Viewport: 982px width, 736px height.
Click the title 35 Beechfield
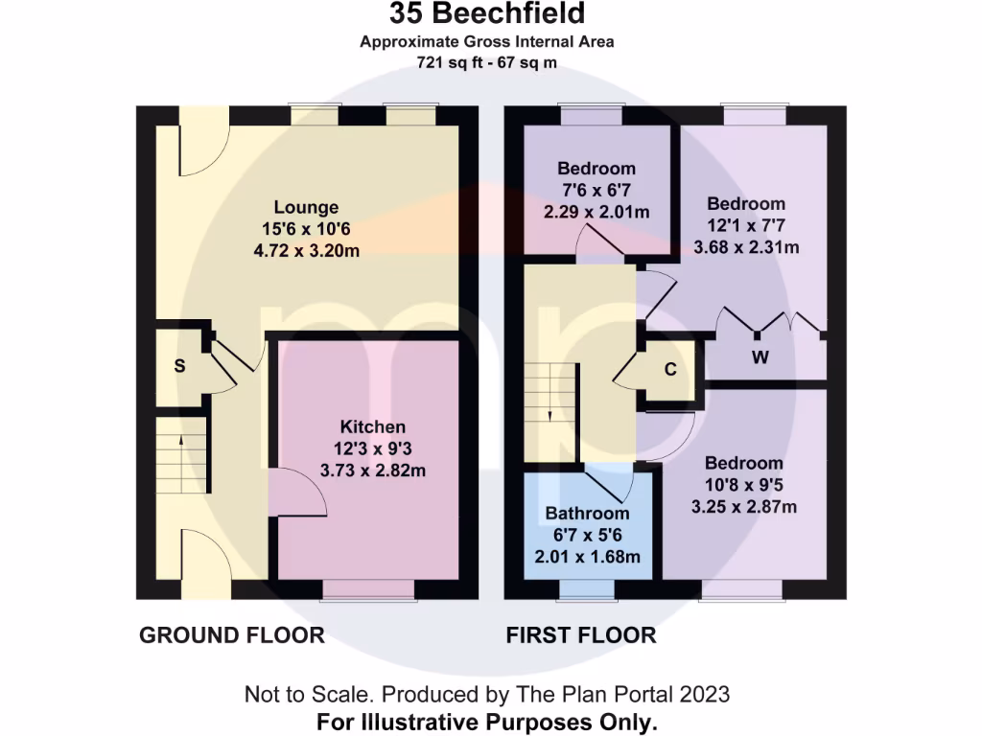(487, 14)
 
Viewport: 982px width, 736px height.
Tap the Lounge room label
(306, 207)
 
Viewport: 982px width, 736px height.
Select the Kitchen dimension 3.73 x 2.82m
(372, 470)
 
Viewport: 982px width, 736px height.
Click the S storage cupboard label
(179, 366)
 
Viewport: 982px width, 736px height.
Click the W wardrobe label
(760, 358)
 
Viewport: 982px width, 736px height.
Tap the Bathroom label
(587, 513)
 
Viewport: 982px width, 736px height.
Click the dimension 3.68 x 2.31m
(746, 246)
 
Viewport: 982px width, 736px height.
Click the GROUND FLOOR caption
(232, 634)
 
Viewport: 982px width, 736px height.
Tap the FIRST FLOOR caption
(581, 634)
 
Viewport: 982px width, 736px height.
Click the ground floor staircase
(181, 455)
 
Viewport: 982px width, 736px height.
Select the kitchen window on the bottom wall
(369, 590)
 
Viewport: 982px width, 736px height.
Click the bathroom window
(587, 590)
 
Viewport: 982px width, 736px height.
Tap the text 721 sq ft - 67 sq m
(487, 62)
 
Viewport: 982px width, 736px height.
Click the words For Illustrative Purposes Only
(487, 721)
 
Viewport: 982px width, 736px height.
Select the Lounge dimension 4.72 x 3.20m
(306, 251)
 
